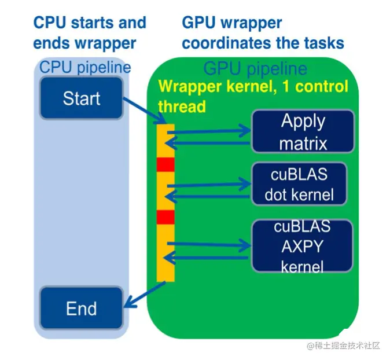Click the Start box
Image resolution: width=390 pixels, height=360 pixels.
(81, 98)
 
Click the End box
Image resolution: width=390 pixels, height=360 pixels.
(81, 308)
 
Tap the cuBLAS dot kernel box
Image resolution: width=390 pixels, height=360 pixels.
(299, 184)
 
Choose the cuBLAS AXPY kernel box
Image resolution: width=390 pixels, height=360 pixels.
(302, 246)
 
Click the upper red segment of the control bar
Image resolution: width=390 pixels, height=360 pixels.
(165, 164)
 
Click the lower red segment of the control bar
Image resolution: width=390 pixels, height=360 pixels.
(165, 217)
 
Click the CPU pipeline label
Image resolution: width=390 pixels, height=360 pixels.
(84, 67)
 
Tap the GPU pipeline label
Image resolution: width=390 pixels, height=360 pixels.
(255, 69)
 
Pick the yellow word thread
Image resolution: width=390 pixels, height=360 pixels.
(182, 106)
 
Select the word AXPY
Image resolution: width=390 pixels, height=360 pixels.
(303, 246)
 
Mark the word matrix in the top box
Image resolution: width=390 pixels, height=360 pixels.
(303, 142)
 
